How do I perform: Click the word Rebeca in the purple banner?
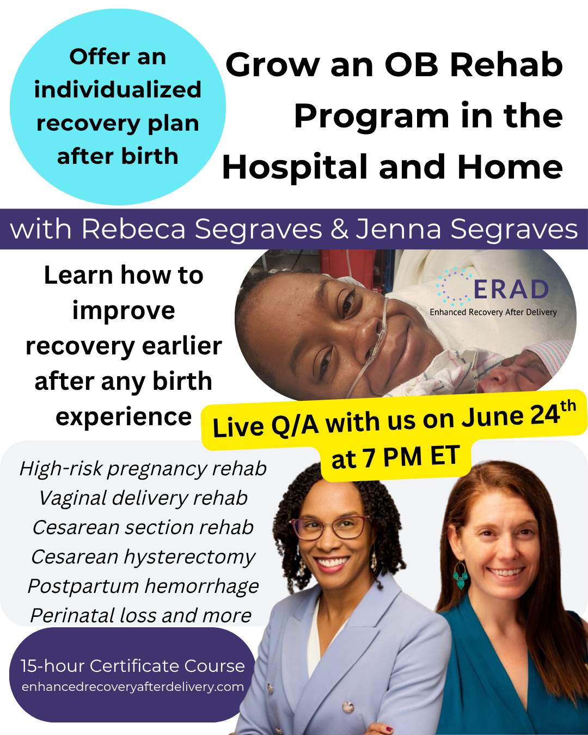click(x=133, y=229)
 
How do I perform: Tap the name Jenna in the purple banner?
click(x=399, y=229)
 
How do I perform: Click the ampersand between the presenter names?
click(x=339, y=229)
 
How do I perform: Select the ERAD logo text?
click(x=511, y=290)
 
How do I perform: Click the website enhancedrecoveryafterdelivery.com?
click(x=132, y=687)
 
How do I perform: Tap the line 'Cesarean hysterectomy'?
click(x=143, y=557)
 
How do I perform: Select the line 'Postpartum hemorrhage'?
click(x=143, y=586)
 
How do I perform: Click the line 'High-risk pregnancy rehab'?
click(x=143, y=469)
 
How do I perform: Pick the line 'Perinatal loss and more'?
click(x=141, y=615)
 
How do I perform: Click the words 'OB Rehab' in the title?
click(x=474, y=64)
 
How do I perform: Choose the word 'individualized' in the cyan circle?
click(x=118, y=89)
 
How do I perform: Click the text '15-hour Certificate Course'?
click(x=132, y=666)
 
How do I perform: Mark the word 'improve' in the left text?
click(x=124, y=310)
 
